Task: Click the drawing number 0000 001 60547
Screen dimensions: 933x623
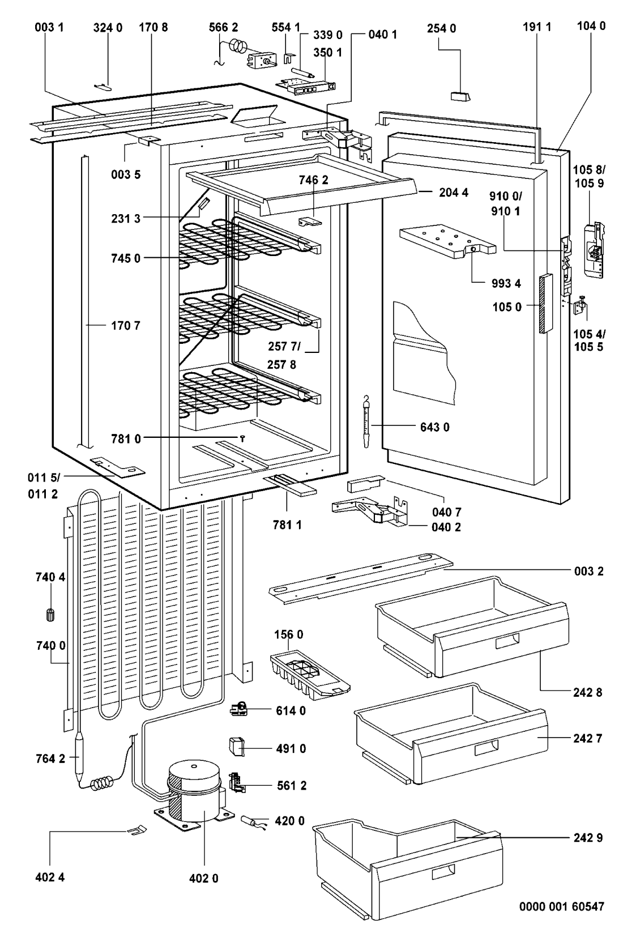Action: (562, 907)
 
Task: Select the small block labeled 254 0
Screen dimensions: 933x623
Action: (460, 95)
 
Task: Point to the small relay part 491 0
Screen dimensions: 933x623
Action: (236, 747)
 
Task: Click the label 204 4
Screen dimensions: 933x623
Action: (454, 192)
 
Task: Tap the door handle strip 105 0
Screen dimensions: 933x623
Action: (544, 303)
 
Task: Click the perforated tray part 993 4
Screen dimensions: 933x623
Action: (447, 240)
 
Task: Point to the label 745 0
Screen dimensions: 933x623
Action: (125, 259)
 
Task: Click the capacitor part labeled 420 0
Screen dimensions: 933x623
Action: (252, 821)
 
